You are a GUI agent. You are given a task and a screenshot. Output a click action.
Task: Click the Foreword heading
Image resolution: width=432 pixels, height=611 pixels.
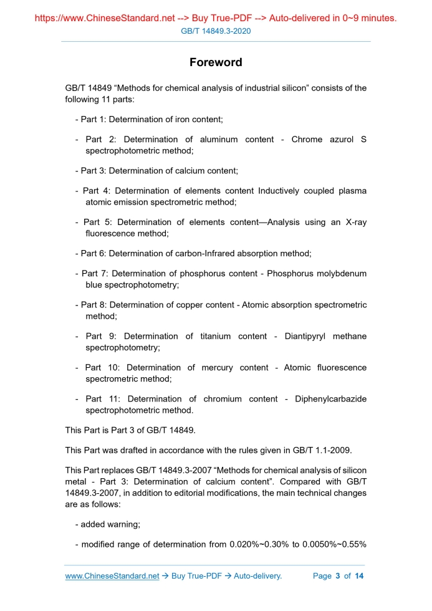[x=216, y=62]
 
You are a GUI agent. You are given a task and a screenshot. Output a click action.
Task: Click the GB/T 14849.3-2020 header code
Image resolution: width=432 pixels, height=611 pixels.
[x=216, y=31]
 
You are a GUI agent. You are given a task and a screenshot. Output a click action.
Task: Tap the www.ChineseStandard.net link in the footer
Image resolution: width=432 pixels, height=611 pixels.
[x=112, y=575]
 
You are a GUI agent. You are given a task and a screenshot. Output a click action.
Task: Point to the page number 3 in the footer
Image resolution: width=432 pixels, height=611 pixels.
[x=337, y=575]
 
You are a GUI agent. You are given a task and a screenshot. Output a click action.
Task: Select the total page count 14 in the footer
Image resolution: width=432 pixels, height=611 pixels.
[x=359, y=575]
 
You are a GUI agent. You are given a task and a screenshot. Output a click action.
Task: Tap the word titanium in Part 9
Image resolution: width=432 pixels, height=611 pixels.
[x=216, y=336]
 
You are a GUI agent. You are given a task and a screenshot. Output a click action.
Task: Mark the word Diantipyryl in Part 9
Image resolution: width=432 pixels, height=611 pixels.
[x=307, y=336]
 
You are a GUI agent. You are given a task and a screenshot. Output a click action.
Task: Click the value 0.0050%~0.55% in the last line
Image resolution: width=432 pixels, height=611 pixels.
[x=334, y=544]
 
